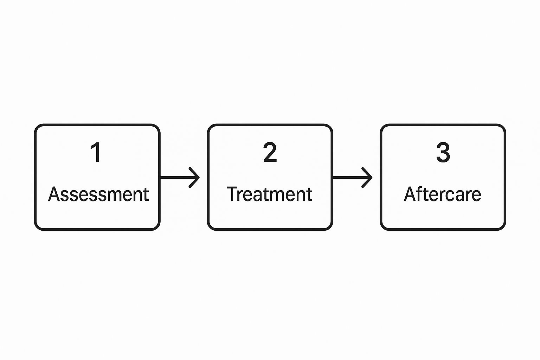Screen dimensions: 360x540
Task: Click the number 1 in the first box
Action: (96, 153)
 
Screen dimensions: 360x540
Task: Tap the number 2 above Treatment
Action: (270, 153)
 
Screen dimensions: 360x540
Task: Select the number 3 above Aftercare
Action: (443, 153)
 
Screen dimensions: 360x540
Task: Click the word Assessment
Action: (98, 194)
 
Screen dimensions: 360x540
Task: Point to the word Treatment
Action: (270, 194)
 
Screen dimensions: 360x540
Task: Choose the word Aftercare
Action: (442, 194)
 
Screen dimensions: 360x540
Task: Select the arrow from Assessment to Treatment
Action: (180, 178)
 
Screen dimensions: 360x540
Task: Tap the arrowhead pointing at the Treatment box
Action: (195, 178)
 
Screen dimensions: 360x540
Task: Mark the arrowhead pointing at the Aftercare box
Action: (368, 178)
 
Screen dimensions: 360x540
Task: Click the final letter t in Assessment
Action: (146, 195)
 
